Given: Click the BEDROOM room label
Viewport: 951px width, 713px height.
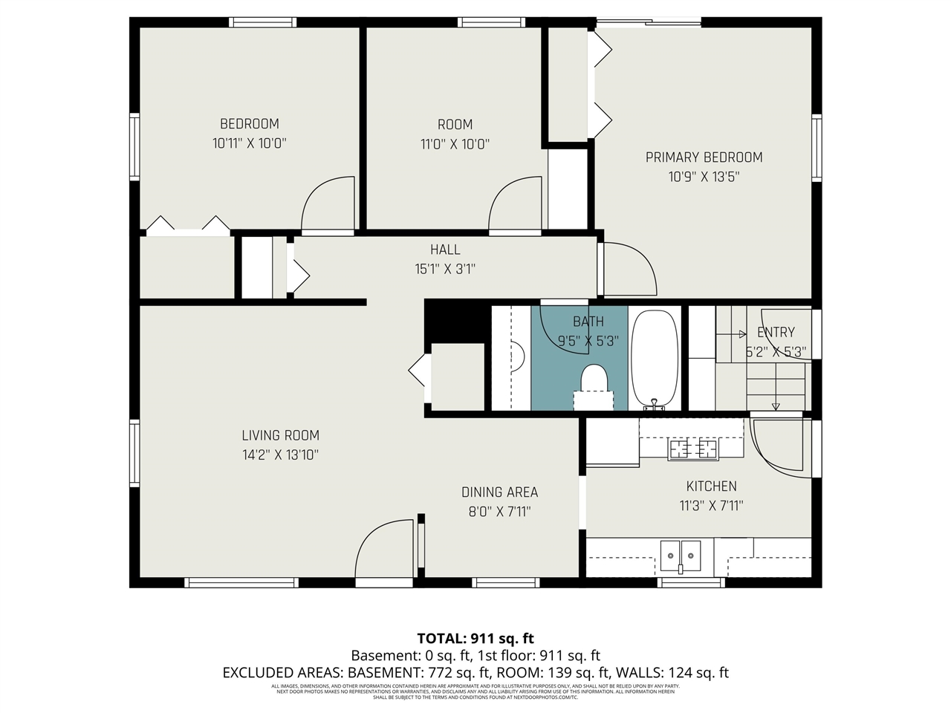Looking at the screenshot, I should coord(249,123).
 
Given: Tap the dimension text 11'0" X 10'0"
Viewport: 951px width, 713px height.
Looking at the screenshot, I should coord(455,144).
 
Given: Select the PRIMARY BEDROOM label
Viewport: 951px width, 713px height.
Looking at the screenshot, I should coord(704,157).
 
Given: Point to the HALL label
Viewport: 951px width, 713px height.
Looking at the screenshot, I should coord(445,250).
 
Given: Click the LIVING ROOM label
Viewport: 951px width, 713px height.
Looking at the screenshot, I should coord(280,435).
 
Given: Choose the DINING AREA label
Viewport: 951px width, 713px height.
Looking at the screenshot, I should coord(499,492).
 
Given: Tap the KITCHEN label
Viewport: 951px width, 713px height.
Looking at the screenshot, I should coord(711,486).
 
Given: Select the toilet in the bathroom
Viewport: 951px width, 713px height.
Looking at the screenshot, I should coord(594,382).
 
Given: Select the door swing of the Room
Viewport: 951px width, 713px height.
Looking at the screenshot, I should coord(513,204).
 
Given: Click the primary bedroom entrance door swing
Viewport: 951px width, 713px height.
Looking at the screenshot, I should coord(628,267).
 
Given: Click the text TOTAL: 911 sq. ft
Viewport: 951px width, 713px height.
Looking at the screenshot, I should coord(475,638).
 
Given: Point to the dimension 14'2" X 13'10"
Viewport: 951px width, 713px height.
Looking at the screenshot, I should coord(280,455).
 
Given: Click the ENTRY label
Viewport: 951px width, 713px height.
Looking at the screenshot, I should coord(776,332).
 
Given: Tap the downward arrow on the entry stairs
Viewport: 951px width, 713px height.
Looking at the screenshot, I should coord(776,405).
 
